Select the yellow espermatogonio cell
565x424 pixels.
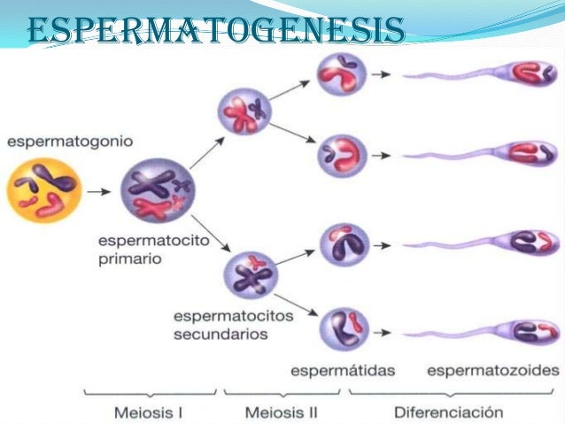tap(44, 189)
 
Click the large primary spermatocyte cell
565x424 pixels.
tap(158, 188)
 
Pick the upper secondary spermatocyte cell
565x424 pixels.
tap(245, 111)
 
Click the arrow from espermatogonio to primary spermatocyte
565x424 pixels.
tap(102, 189)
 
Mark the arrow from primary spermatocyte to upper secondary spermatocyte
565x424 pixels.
tap(203, 153)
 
